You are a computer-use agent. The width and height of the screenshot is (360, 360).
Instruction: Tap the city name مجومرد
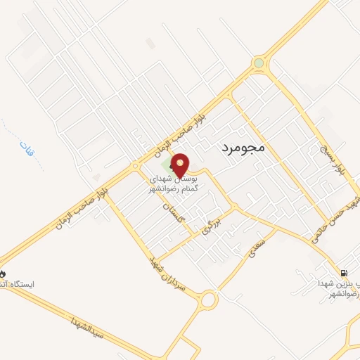click(x=237, y=148)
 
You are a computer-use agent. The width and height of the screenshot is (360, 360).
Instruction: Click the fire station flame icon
click(x=2, y=273)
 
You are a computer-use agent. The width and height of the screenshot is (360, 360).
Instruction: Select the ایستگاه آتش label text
click(x=18, y=284)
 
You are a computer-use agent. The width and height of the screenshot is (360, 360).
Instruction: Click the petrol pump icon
click(x=342, y=273)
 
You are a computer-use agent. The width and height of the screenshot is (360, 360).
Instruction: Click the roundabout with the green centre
click(x=259, y=63)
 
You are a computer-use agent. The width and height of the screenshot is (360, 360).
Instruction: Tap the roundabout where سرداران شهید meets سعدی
click(x=208, y=301)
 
